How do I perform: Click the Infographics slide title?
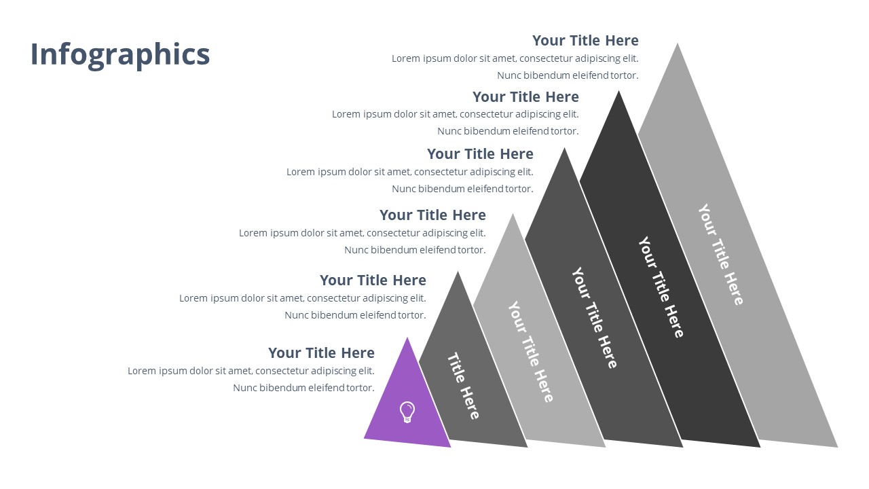point(120,54)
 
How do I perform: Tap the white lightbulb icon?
point(407,412)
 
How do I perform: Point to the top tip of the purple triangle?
point(407,338)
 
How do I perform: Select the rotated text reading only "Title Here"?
point(463,385)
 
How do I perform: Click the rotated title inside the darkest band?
point(661,287)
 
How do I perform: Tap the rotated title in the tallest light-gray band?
point(720,254)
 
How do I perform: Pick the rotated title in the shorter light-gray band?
point(531,351)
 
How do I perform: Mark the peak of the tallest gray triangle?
point(677,44)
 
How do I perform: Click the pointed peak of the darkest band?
point(618,92)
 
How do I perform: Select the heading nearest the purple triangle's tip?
point(321,352)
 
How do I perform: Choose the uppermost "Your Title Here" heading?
point(585,40)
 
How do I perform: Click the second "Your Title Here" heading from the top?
point(525,96)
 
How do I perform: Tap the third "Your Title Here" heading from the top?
point(480,153)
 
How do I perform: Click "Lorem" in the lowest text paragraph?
point(142,371)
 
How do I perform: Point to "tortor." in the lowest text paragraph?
point(360,388)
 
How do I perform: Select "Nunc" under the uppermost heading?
point(509,75)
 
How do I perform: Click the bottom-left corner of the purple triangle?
point(365,438)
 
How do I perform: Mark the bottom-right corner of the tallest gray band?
point(837,446)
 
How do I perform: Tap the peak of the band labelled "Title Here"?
point(458,272)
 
